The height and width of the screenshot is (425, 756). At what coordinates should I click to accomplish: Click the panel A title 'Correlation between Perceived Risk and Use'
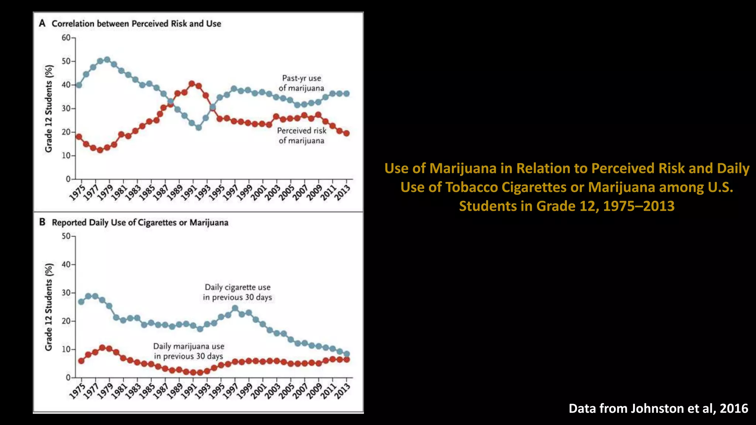click(x=136, y=24)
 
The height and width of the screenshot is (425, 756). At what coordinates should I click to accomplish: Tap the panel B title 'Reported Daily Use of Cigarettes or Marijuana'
click(x=140, y=222)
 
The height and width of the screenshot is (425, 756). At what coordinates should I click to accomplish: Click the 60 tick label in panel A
click(x=66, y=38)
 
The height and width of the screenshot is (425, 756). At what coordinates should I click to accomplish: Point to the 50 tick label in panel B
click(x=66, y=236)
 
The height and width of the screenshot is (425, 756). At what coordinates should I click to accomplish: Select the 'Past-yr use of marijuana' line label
click(x=301, y=83)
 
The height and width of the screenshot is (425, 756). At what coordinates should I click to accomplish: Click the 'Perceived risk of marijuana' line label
click(x=302, y=135)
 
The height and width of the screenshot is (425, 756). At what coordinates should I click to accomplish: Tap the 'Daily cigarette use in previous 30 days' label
click(x=237, y=292)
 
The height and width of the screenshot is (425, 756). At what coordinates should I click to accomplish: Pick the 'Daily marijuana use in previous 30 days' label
click(x=189, y=351)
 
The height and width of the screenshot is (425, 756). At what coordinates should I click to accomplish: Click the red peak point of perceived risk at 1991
click(x=192, y=84)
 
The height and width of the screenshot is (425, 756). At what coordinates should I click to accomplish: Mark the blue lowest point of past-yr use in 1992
click(x=199, y=127)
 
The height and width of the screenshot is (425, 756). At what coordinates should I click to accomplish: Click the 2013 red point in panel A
click(x=346, y=133)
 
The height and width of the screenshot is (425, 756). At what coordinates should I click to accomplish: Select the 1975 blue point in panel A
click(x=79, y=85)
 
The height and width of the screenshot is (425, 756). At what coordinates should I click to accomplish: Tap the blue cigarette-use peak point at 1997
click(x=235, y=308)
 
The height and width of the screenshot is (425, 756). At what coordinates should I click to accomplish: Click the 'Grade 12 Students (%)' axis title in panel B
click(x=49, y=307)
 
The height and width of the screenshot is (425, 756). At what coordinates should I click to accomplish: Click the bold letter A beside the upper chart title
click(x=42, y=23)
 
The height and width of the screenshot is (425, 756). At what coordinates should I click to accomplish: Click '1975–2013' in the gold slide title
click(x=639, y=206)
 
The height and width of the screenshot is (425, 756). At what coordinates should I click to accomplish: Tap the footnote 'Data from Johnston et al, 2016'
click(x=658, y=408)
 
